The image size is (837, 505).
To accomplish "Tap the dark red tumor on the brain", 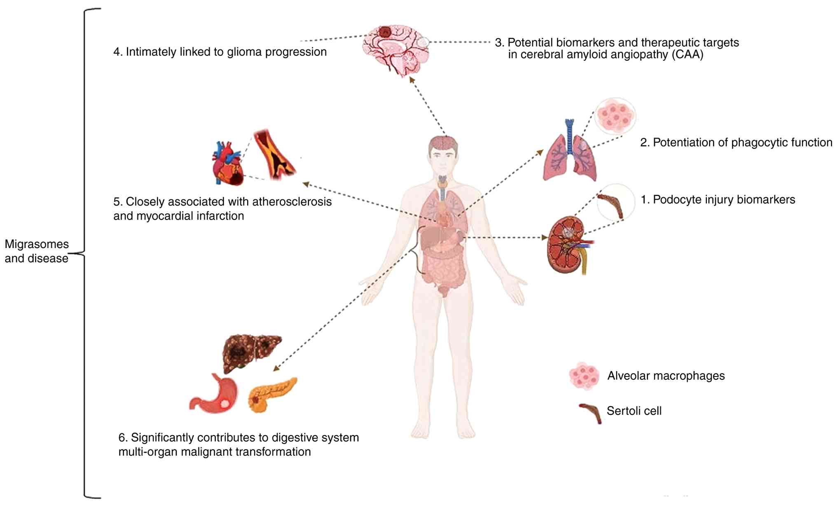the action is (x=385, y=31).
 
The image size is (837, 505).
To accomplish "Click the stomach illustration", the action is (x=216, y=395).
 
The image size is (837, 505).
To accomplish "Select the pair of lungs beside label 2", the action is (x=570, y=154).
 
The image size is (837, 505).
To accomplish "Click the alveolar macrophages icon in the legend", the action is (x=584, y=376).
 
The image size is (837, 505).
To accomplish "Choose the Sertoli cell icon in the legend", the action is (x=591, y=412).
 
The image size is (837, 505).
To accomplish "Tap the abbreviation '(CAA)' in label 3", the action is (x=687, y=55).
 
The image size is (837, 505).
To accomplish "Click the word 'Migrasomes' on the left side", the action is (x=37, y=244).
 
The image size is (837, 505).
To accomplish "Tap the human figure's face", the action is (x=443, y=159).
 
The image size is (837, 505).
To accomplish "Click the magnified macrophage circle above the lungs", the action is (x=615, y=116).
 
